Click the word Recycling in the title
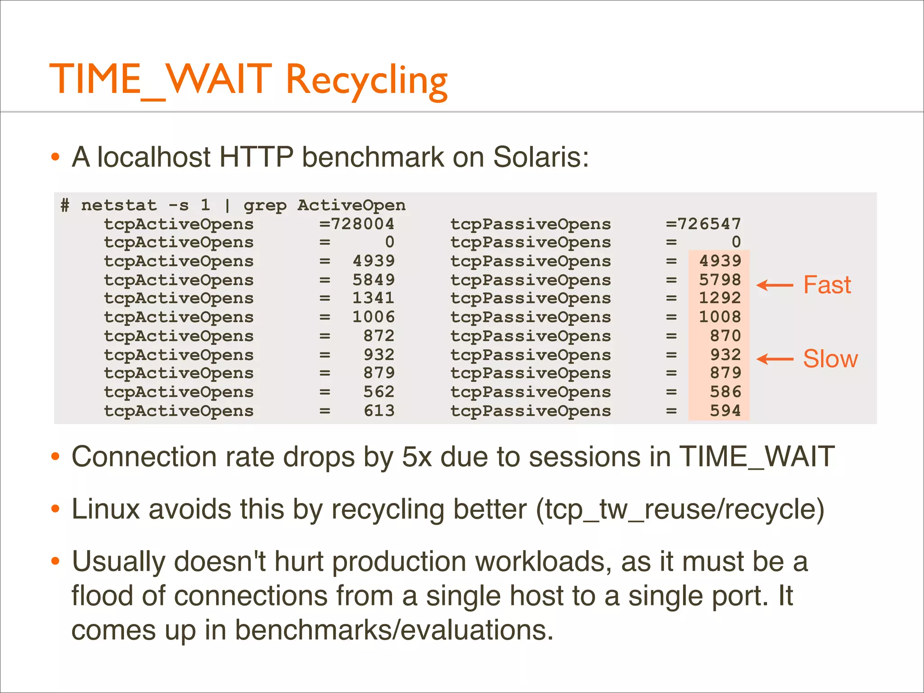366,80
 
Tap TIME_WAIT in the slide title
160,80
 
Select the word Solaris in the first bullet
541,157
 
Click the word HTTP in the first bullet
256,157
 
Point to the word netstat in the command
119,206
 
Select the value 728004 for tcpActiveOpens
362,224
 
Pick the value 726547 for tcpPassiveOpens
709,224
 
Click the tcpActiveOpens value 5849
373,280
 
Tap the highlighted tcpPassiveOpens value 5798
720,280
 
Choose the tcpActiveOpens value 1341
373,298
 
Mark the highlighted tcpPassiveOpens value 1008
720,317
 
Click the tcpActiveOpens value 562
379,392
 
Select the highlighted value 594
725,411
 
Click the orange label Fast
827,285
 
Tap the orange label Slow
830,359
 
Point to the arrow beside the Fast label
775,285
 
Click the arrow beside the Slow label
775,359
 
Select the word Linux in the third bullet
106,509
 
